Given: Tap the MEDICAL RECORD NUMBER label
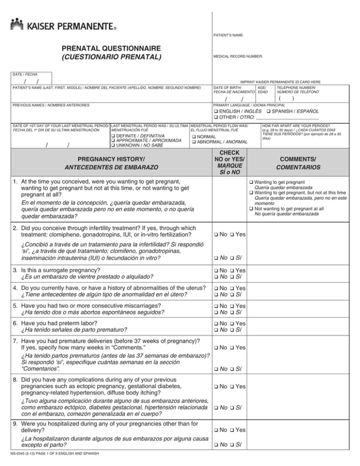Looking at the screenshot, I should (238, 56).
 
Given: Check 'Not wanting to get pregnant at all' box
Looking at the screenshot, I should (251, 209).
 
